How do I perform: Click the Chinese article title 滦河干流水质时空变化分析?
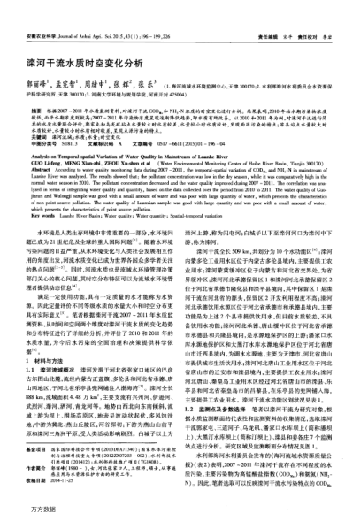92,40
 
